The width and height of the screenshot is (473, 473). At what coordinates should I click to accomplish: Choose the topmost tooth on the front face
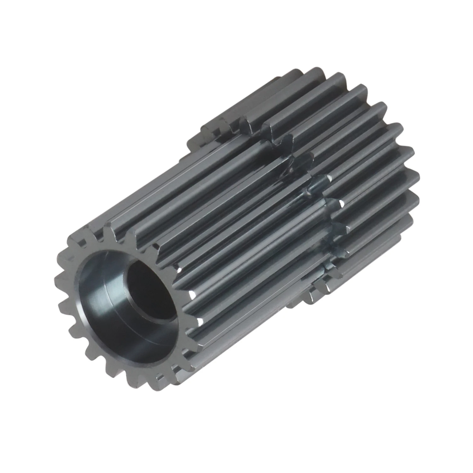click(x=109, y=225)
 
